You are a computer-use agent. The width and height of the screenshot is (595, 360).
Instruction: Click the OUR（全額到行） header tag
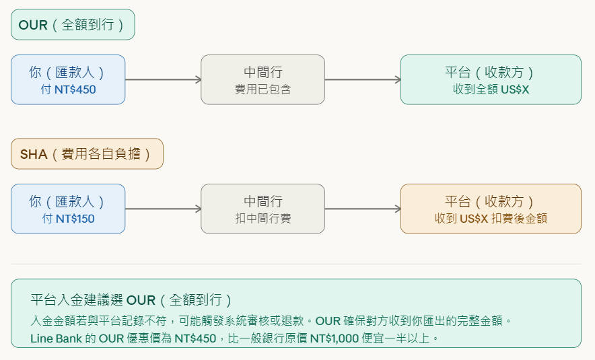pos(73,25)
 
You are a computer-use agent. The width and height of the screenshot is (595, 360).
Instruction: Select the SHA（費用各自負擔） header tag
pos(87,154)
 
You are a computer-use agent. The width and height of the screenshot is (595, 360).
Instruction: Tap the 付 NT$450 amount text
pos(67,89)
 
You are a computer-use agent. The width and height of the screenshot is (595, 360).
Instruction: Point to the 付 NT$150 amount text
pos(67,219)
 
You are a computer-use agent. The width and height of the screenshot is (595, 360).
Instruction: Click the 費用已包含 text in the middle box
pos(262,89)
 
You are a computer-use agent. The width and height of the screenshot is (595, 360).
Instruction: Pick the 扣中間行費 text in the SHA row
pos(262,219)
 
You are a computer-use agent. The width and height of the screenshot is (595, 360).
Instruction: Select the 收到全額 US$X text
pos(491,89)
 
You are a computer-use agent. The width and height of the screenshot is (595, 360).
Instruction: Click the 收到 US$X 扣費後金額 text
pos(491,219)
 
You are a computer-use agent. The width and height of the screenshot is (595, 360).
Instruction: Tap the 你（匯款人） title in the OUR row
pos(67,72)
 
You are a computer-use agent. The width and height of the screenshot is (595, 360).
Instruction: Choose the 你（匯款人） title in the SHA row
pos(67,201)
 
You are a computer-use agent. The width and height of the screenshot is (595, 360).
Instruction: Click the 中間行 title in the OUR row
pos(262,72)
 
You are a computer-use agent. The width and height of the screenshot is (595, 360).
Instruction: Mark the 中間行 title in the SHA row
pos(262,201)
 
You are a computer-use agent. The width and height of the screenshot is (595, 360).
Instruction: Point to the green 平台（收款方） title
pos(491,72)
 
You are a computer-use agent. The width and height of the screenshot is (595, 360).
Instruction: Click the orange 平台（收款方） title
pos(491,201)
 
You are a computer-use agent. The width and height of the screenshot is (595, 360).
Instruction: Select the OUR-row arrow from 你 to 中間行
pos(163,79)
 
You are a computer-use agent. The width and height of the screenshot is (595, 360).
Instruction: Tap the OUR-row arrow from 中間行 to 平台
pos(363,79)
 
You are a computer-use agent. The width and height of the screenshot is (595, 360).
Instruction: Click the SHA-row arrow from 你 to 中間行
pos(163,209)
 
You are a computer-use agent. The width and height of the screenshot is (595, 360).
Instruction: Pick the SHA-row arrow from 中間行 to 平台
pos(363,209)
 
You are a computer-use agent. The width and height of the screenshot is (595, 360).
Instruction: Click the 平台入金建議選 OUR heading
pos(133,300)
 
